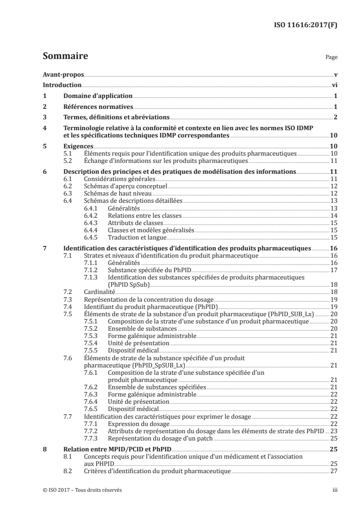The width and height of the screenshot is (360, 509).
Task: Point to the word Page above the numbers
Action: [x=331, y=58]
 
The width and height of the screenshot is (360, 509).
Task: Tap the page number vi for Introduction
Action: [x=334, y=85]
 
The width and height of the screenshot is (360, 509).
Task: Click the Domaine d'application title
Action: [x=98, y=96]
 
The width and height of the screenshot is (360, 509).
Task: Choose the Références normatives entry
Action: [x=99, y=107]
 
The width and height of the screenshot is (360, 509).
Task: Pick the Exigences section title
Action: [x=79, y=147]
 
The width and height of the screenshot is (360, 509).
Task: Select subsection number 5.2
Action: [x=68, y=161]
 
